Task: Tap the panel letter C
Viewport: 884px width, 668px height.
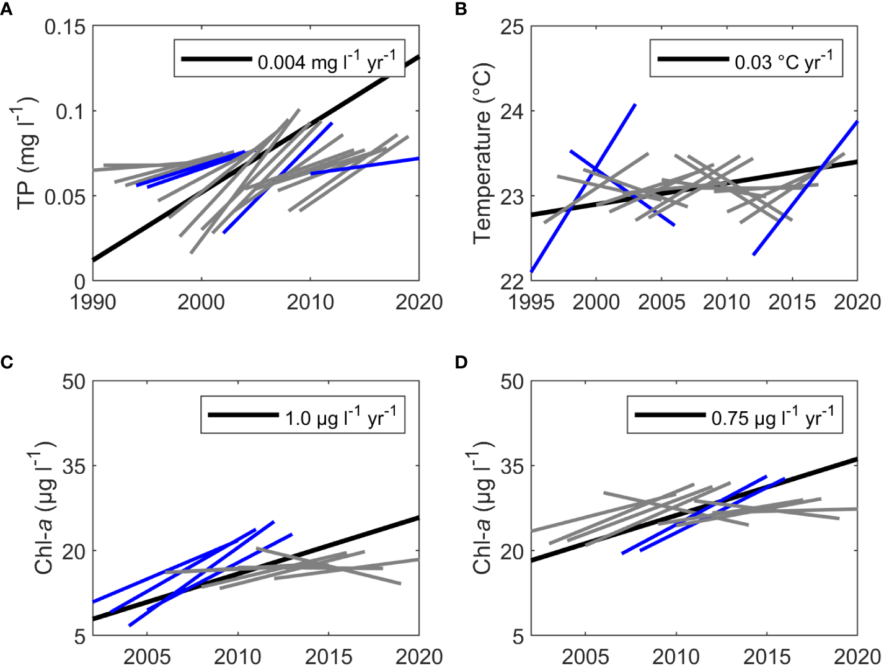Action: (7, 362)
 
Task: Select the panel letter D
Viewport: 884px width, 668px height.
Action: (461, 362)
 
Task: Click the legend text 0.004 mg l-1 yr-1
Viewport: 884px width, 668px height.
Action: (326, 61)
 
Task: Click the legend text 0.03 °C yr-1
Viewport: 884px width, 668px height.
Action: (784, 61)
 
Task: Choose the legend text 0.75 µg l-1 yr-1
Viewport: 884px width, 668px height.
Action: (772, 417)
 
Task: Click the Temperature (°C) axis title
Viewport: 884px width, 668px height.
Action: (482, 153)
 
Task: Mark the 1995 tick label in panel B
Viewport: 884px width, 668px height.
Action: (531, 303)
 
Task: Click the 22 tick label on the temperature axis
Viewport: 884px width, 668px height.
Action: (513, 281)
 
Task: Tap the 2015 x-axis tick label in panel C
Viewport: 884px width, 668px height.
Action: (328, 656)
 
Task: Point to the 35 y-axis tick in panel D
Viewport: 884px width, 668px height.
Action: (513, 466)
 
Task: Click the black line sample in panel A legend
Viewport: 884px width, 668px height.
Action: (216, 60)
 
